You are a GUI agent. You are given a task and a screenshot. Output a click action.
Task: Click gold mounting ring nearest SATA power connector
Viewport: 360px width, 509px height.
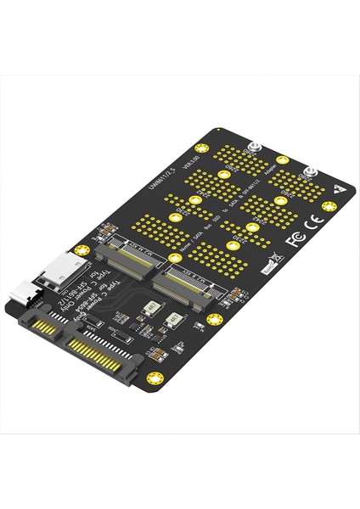point(154,378)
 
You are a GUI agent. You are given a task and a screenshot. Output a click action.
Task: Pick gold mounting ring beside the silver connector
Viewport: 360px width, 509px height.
point(82,251)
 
